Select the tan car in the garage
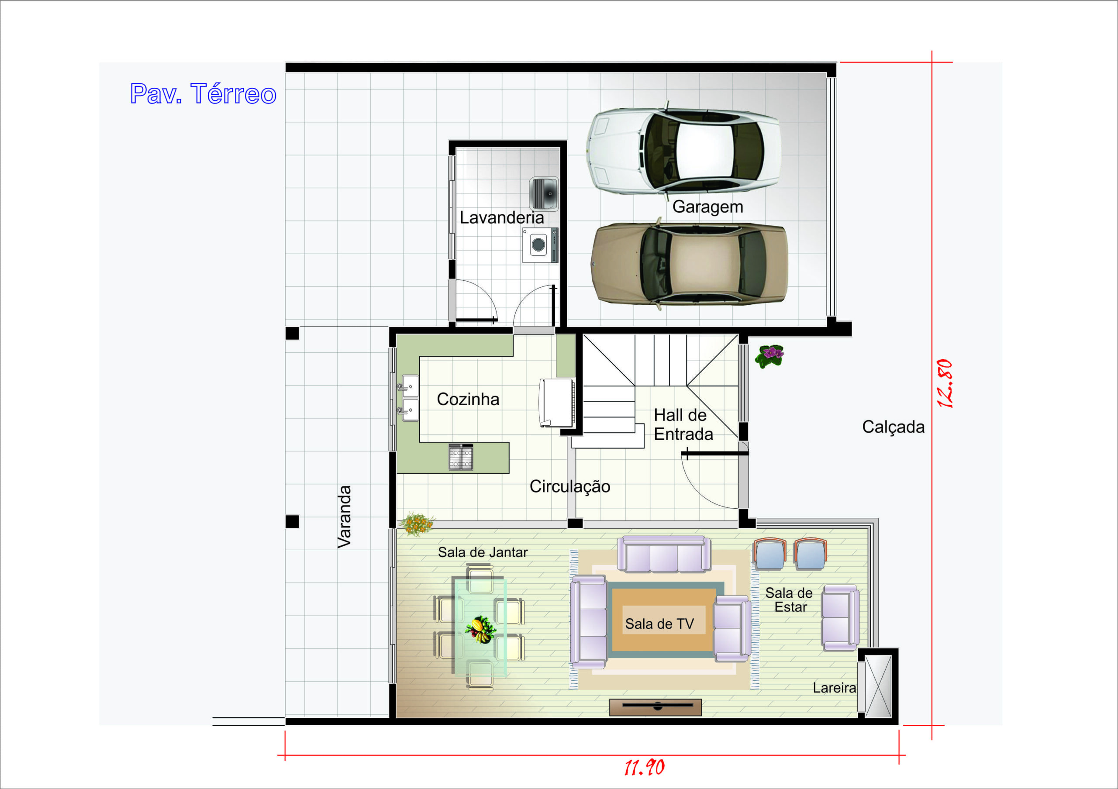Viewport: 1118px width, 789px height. click(x=689, y=264)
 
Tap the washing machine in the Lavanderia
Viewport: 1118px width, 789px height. click(x=540, y=245)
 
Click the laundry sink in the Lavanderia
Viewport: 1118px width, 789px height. click(x=543, y=194)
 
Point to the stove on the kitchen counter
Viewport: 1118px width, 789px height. click(x=461, y=457)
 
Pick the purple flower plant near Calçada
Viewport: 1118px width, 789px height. click(x=769, y=356)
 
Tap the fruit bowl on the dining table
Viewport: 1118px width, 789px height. click(x=480, y=629)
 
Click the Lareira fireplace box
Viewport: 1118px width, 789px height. click(x=878, y=686)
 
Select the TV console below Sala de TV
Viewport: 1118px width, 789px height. click(x=656, y=707)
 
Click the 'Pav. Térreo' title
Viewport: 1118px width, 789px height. click(x=203, y=93)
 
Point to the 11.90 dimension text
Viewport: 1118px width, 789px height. click(x=644, y=768)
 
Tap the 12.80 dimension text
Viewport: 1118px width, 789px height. click(x=944, y=383)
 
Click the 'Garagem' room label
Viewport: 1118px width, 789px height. click(x=707, y=207)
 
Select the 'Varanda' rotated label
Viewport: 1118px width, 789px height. click(x=344, y=517)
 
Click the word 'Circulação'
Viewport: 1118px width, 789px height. click(x=570, y=486)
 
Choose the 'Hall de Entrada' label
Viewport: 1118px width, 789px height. click(x=683, y=424)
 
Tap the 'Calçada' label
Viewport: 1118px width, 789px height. click(x=893, y=427)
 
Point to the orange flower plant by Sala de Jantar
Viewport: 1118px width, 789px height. click(x=416, y=524)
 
